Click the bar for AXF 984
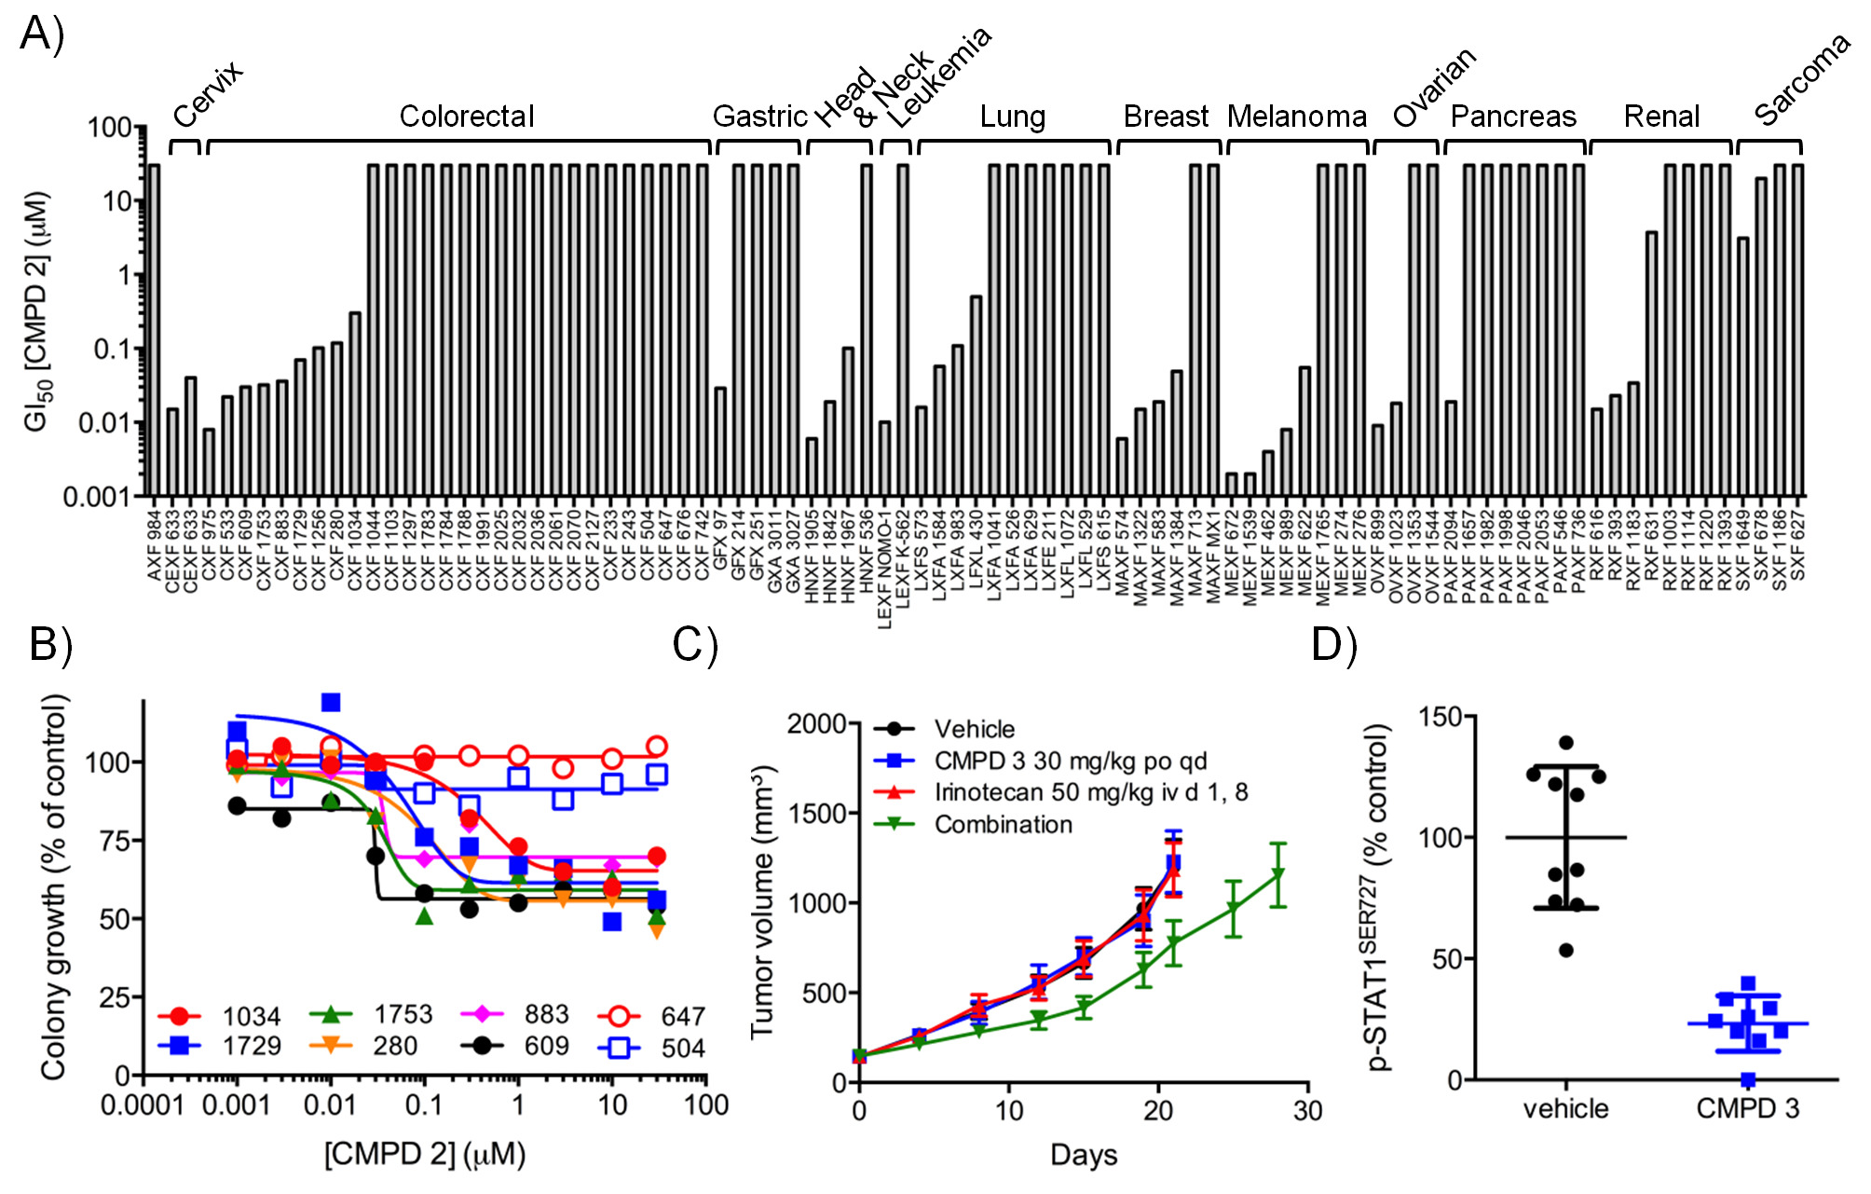pos(154,330)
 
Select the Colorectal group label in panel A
pos(467,117)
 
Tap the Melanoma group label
pos(1296,117)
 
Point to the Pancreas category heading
pos(1513,117)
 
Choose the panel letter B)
pos(51,644)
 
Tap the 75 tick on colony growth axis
pos(113,841)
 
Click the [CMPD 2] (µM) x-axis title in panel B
pos(425,1154)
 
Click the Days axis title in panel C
pos(1084,1155)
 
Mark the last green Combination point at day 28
pos(1278,874)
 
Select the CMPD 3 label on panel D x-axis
pos(1747,1108)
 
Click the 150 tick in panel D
pos(1440,717)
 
